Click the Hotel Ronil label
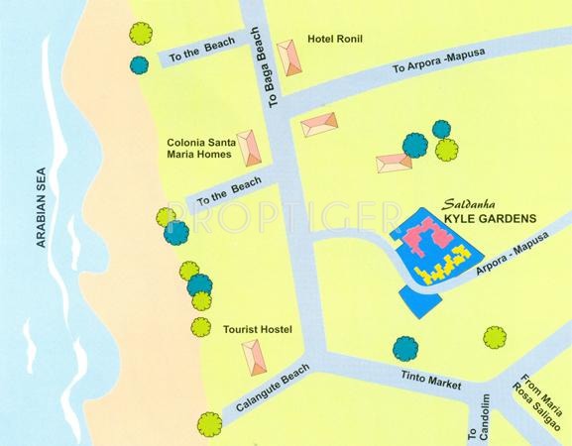click(336, 40)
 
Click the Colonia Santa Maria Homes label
click(199, 148)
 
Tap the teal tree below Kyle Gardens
click(404, 348)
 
